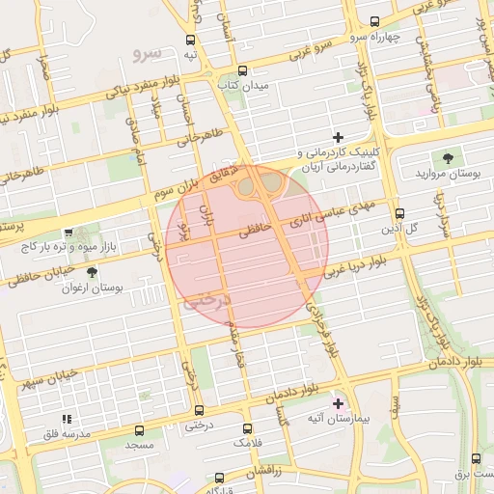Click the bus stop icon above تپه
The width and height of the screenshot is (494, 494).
click(x=190, y=41)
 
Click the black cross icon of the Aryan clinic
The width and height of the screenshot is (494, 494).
click(x=337, y=138)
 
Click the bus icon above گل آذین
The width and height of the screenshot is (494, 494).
click(x=400, y=214)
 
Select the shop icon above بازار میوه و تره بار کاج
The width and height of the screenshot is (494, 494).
click(x=69, y=233)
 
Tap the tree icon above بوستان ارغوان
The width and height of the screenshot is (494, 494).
click(x=92, y=272)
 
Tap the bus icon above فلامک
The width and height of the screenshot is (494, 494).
click(x=248, y=427)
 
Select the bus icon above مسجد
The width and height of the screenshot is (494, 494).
click(x=140, y=430)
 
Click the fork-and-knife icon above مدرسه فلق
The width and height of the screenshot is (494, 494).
click(x=67, y=419)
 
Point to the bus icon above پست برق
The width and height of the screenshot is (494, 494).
click(x=477, y=458)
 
